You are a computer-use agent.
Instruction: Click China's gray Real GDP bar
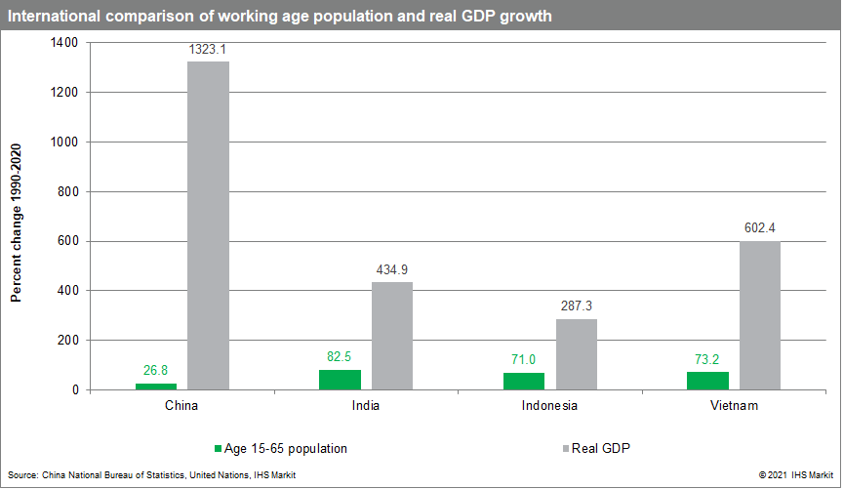coord(208,225)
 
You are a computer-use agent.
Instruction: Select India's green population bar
coord(341,380)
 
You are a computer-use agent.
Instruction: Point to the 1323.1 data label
coord(208,48)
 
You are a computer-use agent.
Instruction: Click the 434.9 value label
coord(391,268)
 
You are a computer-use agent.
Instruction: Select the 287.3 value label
coord(576,305)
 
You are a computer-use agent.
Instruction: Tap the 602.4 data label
coord(759,227)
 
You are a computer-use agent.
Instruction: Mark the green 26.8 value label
coord(156,370)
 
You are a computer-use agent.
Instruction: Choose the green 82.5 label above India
coord(341,356)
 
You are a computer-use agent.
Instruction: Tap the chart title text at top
coord(279,16)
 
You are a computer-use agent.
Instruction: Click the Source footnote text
coord(151,475)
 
